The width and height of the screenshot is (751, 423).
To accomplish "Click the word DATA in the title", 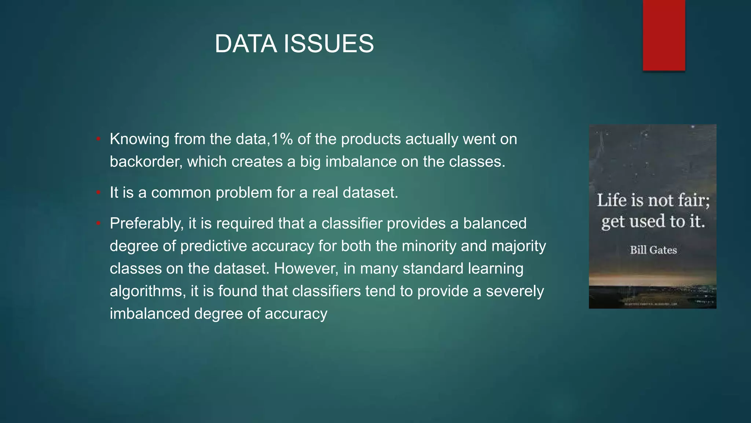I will point(245,44).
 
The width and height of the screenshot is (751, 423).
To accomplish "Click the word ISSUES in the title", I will point(329,44).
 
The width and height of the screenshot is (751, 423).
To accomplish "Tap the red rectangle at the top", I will point(664,35).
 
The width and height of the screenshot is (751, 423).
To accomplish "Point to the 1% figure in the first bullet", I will point(282,139).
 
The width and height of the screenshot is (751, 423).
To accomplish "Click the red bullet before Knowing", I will point(98,140).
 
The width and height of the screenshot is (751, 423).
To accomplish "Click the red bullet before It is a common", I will point(98,193).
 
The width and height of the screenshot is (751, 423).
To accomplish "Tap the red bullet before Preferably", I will point(98,224).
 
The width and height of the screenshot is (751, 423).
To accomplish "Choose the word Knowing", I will point(139,140).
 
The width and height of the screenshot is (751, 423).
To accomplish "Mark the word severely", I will point(515,292).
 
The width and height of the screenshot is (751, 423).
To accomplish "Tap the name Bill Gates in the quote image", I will point(653,250).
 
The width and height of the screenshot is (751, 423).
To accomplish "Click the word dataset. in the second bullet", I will point(370,193).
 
